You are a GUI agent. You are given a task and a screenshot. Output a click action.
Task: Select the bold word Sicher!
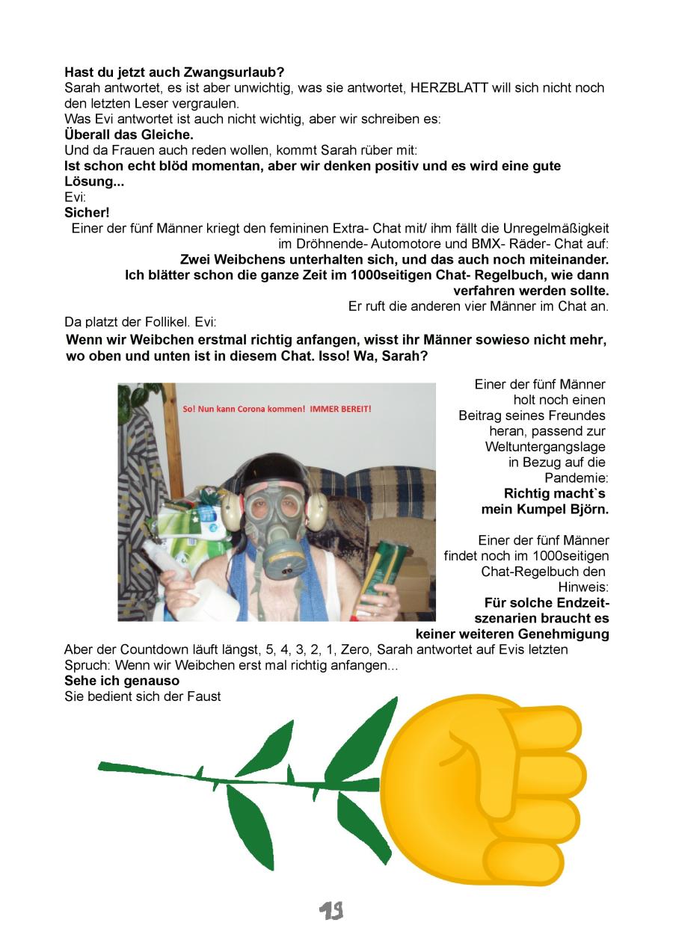pos(87,212)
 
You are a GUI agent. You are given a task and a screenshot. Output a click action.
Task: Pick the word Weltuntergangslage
pos(545,446)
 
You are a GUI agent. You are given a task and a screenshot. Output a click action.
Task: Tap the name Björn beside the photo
pos(587,510)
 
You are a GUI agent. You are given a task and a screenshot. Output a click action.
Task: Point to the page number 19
pos(331,909)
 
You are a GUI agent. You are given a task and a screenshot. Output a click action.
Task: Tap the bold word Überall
pos(89,135)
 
